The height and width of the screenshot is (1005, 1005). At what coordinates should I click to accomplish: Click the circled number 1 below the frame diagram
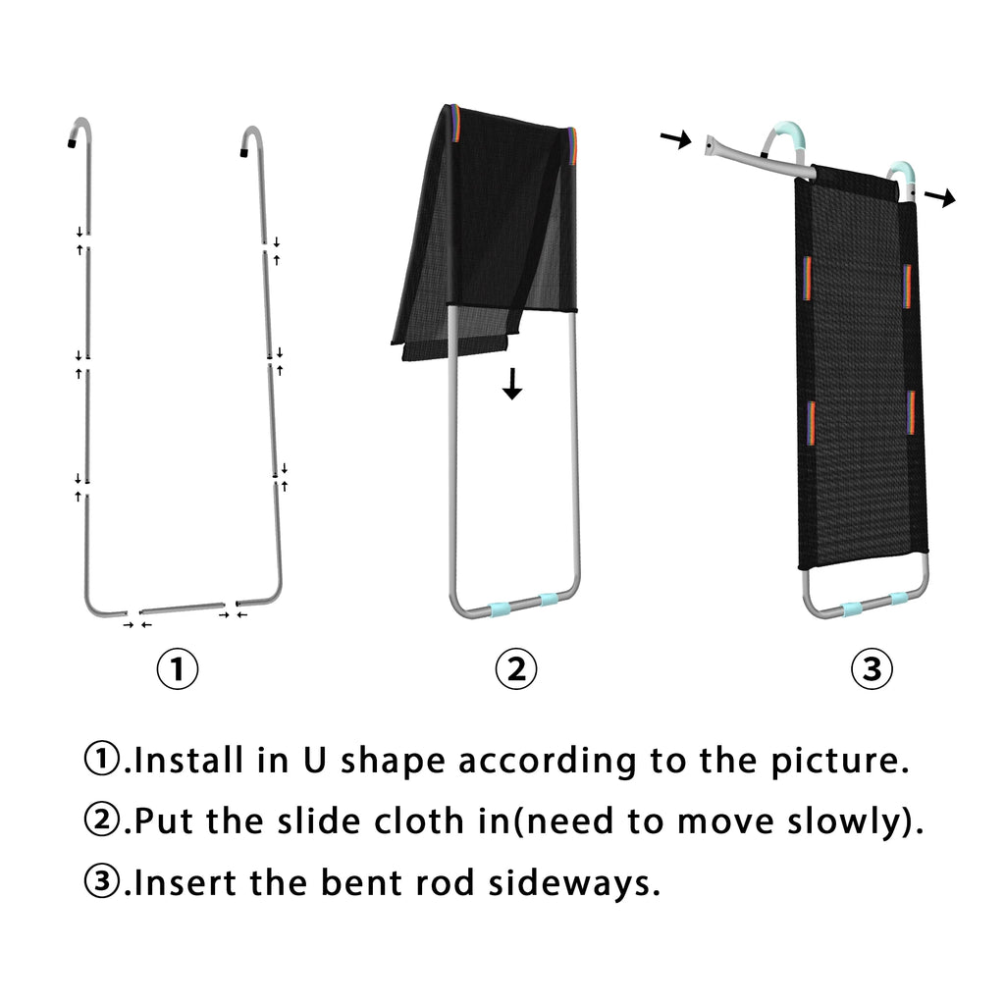click(178, 668)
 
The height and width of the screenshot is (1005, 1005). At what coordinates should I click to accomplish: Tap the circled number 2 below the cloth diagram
click(516, 668)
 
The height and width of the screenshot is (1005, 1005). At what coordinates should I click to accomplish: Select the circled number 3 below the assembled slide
click(872, 668)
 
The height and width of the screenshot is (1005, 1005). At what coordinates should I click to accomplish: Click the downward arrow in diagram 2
click(512, 384)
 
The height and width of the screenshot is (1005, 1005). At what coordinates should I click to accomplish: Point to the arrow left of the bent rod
click(676, 138)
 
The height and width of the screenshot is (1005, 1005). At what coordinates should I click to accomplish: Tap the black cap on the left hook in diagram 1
click(72, 143)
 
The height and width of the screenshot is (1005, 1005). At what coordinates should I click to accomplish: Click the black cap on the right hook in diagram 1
click(244, 152)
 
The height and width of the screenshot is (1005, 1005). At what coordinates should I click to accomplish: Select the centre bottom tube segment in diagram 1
click(182, 608)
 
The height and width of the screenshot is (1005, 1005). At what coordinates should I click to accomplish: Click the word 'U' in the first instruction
click(314, 761)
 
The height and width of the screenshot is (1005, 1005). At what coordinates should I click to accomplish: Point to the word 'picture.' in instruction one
click(840, 762)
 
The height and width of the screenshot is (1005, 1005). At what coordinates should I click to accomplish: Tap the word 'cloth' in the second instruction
click(418, 821)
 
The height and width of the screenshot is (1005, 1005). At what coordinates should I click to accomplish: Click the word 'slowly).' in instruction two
click(856, 822)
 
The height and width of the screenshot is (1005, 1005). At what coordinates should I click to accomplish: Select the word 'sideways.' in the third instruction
click(574, 882)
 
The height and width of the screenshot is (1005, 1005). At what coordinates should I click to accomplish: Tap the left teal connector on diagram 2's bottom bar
click(500, 608)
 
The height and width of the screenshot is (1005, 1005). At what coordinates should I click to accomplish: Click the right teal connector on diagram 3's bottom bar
click(899, 600)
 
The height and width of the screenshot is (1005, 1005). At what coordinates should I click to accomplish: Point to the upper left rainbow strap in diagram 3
click(807, 278)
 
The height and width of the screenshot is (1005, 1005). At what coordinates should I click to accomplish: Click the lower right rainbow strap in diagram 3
click(910, 412)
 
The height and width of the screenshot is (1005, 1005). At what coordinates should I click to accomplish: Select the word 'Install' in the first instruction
click(189, 761)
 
